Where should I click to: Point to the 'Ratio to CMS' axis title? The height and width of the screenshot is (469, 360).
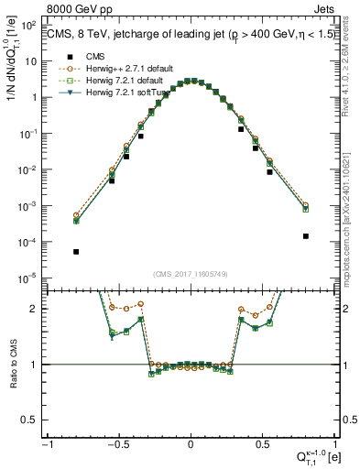click(x=12, y=364)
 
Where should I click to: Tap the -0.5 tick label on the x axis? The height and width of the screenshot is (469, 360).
click(x=117, y=445)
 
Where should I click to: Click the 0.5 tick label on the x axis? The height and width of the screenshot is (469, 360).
click(x=264, y=445)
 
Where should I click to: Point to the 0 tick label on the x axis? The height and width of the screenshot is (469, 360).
click(x=191, y=445)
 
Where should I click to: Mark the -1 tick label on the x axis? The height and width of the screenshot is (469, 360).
click(x=47, y=445)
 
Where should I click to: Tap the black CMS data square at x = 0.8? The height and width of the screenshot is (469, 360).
click(x=306, y=236)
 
